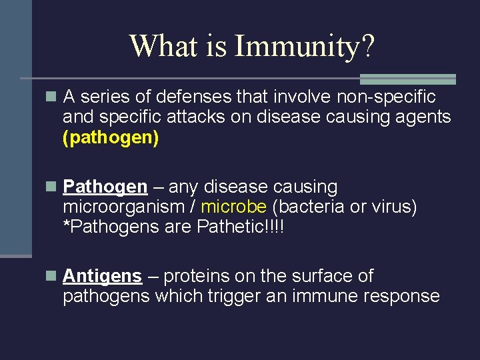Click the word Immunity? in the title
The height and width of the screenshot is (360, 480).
point(305,47)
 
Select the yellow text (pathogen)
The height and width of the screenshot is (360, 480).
point(111,139)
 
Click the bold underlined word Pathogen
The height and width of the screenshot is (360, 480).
point(105,187)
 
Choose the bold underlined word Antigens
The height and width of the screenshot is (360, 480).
point(102,276)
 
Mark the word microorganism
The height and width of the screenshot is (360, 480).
point(121,207)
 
